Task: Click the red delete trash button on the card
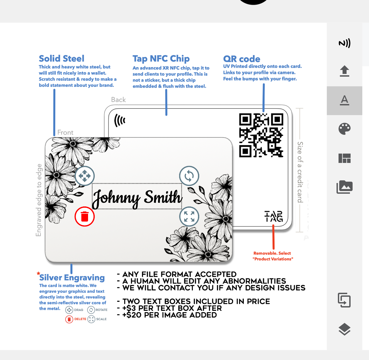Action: pos(85,216)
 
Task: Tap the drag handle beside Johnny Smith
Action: pos(85,176)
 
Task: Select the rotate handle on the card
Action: pos(189,176)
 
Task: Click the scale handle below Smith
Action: pos(189,216)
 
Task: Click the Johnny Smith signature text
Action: pos(137,198)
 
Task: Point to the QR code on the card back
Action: pos(261,135)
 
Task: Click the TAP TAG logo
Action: pos(274,216)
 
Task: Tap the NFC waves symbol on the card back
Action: pos(120,120)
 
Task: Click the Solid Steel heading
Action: pos(61,58)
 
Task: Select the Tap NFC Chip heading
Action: pos(161,59)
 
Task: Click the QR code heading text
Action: pos(242,59)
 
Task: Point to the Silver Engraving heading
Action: pos(72,277)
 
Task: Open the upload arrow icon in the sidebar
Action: pos(345,71)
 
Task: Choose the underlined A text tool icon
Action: pos(345,100)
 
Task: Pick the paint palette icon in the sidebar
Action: pos(345,129)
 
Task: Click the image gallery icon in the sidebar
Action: pos(345,187)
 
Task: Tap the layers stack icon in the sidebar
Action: pos(345,329)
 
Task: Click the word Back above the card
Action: pos(119,100)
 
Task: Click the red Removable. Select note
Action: pos(273,256)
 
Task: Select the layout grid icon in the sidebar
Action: pos(345,158)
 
